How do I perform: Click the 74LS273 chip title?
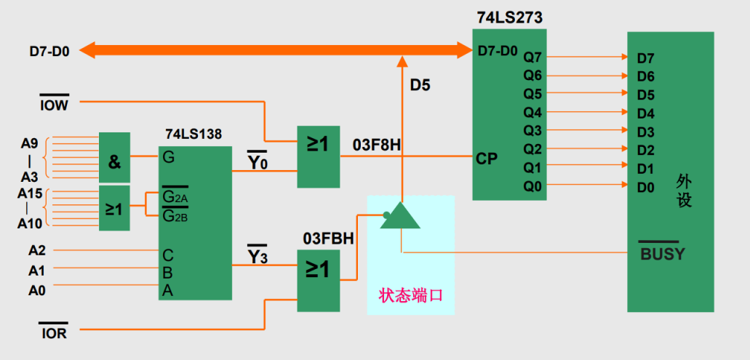[509, 17]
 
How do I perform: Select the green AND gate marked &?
[114, 158]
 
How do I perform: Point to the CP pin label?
[487, 157]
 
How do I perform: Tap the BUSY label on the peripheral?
[662, 254]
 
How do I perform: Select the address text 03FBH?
[327, 239]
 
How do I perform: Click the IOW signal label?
[54, 105]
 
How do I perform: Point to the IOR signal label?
[54, 334]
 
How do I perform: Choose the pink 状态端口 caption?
[410, 296]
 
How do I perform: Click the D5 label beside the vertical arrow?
[420, 85]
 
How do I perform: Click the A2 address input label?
[37, 251]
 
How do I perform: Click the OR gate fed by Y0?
[318, 156]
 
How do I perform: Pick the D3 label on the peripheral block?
[645, 132]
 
